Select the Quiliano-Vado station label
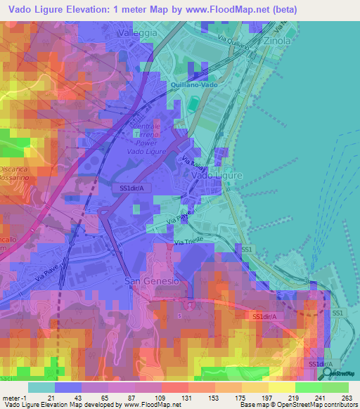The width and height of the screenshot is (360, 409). (195, 85)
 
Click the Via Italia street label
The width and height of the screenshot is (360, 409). (192, 165)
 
